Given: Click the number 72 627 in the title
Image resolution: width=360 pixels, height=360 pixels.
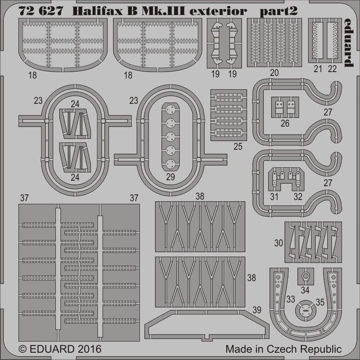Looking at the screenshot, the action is pos(41,11).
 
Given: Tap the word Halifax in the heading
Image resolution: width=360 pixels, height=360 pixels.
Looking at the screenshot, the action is pos(97,11).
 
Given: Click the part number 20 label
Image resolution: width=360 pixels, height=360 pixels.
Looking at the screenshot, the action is pos(274,73).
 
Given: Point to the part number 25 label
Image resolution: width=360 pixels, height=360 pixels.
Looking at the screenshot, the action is pos(238,146).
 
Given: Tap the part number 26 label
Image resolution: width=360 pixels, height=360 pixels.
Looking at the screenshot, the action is pos(285,123).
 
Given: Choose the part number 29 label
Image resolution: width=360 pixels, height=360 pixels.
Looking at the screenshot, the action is pos(170,177).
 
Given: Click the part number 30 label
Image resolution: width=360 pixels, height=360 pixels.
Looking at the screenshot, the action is pos(278,243).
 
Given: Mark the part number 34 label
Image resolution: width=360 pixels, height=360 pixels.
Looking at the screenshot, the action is pos(305,290).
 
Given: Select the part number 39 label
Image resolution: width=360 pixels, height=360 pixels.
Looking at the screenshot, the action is pos(257,310).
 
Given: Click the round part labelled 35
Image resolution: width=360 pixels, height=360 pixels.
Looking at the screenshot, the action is pos(306,310).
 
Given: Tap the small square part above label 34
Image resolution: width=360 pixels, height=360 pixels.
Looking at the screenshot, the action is pos(306,276).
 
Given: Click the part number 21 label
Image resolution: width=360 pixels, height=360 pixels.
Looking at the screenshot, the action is pos(318,69).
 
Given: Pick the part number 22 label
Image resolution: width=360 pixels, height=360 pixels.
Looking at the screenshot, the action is pos(332,69).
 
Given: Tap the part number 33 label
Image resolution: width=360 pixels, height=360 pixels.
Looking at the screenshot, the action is pos(290,299).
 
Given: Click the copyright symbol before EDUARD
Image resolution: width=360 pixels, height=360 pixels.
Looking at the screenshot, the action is pos(22,349).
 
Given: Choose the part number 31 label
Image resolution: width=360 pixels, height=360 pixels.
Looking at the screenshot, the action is pos(274,197).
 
